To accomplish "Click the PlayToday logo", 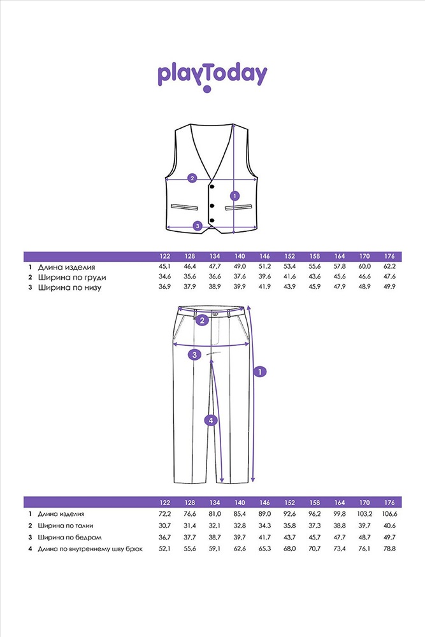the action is click(x=212, y=77).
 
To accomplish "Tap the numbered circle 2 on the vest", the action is click(x=192, y=178).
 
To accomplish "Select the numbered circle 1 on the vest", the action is click(x=234, y=196).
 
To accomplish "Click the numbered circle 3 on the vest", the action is click(x=198, y=226).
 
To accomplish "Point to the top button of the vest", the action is click(x=212, y=186).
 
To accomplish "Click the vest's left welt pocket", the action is click(x=185, y=207).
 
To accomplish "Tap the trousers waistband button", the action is click(x=215, y=313).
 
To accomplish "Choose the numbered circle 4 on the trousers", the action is click(x=211, y=420).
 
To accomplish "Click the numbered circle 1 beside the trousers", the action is click(x=260, y=371).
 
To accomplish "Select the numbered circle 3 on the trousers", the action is click(x=194, y=355).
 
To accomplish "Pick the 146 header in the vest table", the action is click(x=264, y=256).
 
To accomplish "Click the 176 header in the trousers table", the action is click(x=389, y=503).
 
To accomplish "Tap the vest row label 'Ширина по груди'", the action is click(x=72, y=278).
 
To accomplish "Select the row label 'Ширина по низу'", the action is click(x=69, y=288).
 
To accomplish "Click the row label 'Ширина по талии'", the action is click(x=66, y=526).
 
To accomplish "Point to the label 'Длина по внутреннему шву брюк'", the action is click(x=90, y=549).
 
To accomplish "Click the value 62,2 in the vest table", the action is click(x=389, y=266).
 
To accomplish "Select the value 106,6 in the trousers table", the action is click(x=389, y=514).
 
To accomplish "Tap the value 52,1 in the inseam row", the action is click(x=164, y=548).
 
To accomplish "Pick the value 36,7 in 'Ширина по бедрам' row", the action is click(x=164, y=537).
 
